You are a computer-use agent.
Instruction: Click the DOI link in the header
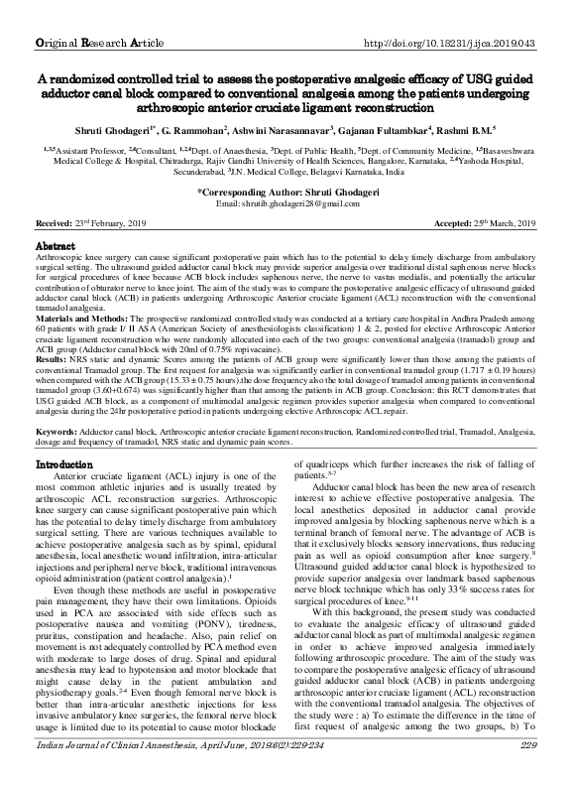[x=450, y=15]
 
